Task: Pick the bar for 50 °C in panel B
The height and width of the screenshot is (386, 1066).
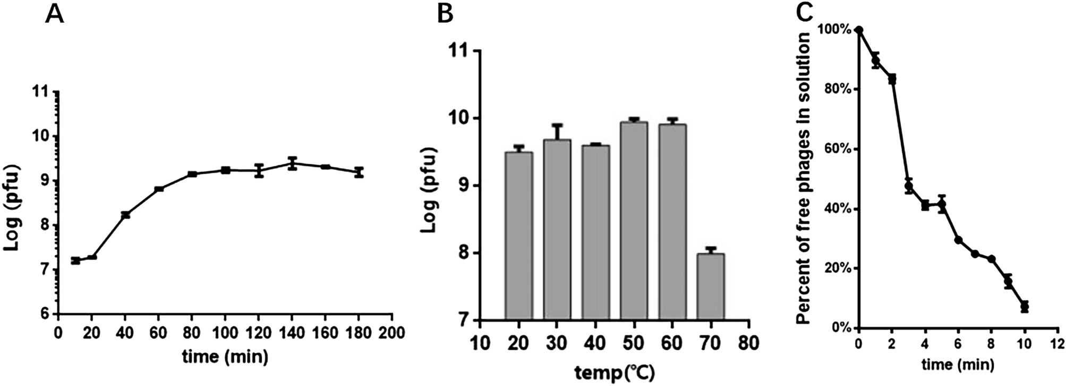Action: tap(634, 221)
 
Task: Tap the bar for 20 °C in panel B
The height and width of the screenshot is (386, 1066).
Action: tap(518, 236)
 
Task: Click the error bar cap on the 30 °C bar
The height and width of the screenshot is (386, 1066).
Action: tap(557, 125)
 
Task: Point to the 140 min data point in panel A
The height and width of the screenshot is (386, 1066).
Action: tap(292, 163)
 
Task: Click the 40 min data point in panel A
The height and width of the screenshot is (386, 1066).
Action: tap(125, 215)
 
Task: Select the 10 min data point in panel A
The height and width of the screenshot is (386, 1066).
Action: tap(75, 261)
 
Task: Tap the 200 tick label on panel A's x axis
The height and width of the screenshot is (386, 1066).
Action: tap(392, 333)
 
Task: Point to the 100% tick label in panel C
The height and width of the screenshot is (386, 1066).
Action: tap(834, 29)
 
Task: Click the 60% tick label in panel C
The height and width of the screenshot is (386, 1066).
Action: tap(838, 149)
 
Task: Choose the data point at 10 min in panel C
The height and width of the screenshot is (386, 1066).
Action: tap(1025, 307)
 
